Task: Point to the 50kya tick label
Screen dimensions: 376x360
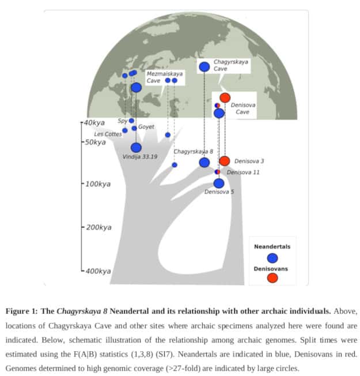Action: coord(93,142)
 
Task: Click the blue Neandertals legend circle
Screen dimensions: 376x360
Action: coord(272,258)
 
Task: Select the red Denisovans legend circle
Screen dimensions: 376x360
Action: coord(272,278)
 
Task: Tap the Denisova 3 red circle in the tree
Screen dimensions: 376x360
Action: coord(225,161)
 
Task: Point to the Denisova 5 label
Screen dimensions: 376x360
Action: coord(219,192)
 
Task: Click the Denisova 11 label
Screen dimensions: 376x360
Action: coord(243,172)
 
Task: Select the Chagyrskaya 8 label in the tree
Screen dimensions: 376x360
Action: coord(194,151)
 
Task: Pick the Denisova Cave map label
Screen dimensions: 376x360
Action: coord(243,108)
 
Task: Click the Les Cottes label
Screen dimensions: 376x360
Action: coord(108,134)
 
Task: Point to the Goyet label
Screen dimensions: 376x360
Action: coord(146,127)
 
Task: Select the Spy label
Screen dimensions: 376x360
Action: coord(122,121)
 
